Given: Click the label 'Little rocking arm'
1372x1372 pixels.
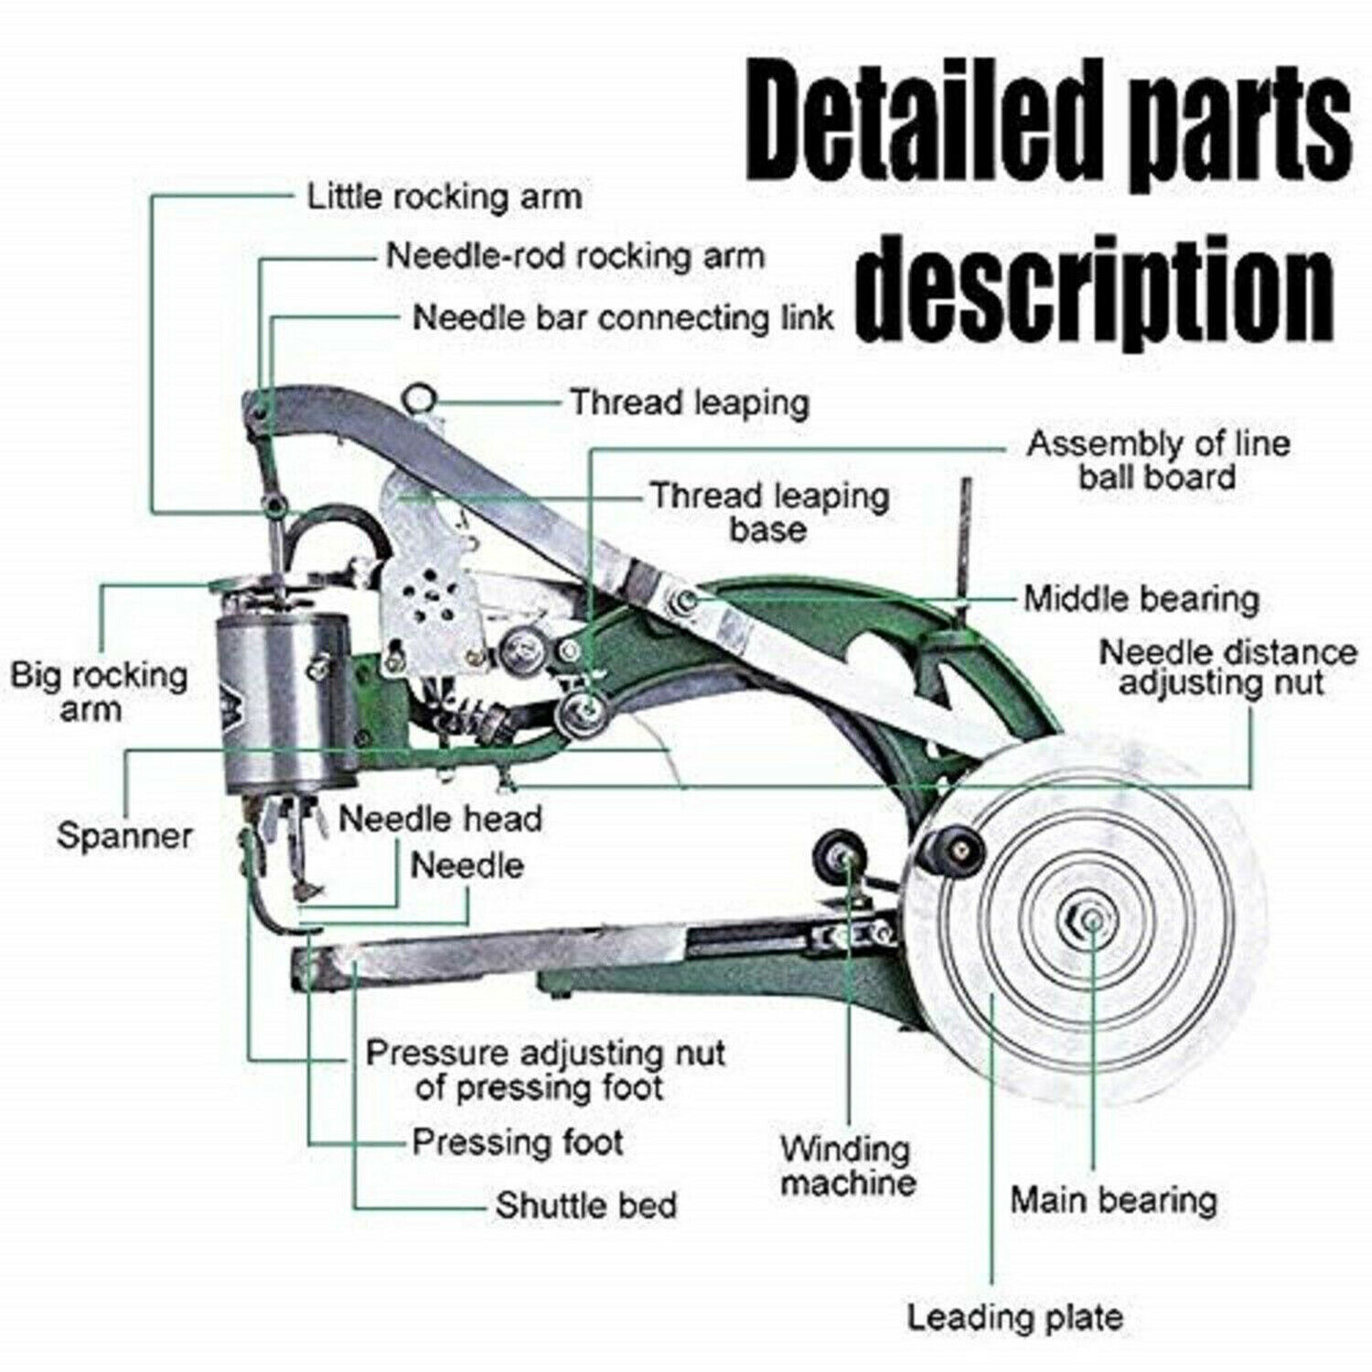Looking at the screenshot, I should pyautogui.click(x=444, y=197).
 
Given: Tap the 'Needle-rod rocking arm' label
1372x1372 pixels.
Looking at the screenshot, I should pyautogui.click(x=574, y=256).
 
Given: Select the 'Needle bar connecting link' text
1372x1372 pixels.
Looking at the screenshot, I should pyautogui.click(x=622, y=318).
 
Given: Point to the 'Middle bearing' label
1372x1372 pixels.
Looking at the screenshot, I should pyautogui.click(x=1141, y=599).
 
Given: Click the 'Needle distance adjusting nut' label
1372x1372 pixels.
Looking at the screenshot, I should pyautogui.click(x=1227, y=668).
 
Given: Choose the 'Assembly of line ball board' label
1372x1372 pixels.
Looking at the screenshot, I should pyautogui.click(x=1157, y=460).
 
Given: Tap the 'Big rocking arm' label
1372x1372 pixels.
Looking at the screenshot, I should pyautogui.click(x=98, y=692).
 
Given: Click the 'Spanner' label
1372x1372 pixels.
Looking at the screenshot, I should pyautogui.click(x=124, y=835).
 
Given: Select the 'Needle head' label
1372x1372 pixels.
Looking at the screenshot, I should pyautogui.click(x=440, y=819).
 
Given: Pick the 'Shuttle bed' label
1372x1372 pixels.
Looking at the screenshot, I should pyautogui.click(x=586, y=1205).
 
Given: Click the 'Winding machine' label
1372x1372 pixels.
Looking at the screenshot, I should pyautogui.click(x=847, y=1165).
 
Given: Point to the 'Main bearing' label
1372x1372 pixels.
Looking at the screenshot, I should pyautogui.click(x=1113, y=1199).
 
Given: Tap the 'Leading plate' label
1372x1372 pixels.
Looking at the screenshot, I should pyautogui.click(x=1014, y=1317).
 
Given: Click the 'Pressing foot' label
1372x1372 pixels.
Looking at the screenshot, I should pyautogui.click(x=518, y=1142).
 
